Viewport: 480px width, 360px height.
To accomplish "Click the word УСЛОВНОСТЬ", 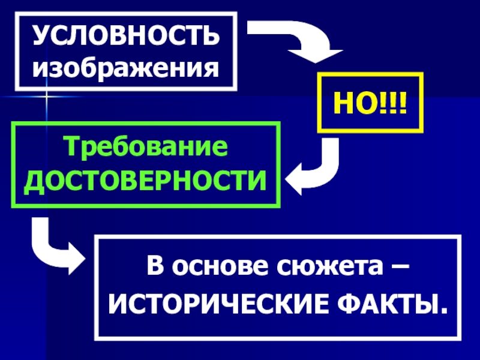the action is click(x=126, y=37).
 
